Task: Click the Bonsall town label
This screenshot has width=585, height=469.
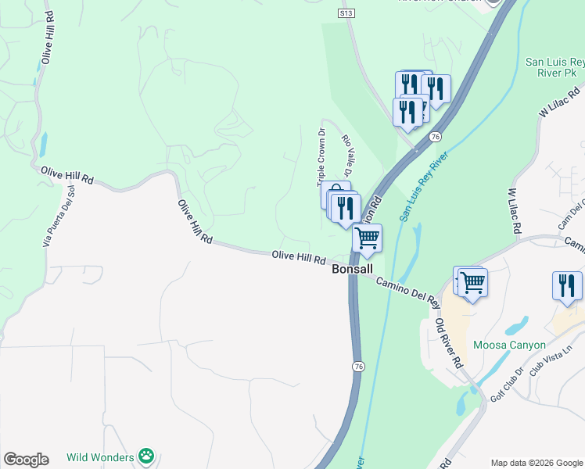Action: pos(355,268)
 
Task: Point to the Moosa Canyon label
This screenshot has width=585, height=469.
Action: pos(509,345)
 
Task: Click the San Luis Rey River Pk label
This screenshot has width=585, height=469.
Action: pos(554,67)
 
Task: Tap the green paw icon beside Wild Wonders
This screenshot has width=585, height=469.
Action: pos(145,456)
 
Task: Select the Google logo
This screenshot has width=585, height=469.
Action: pos(26,460)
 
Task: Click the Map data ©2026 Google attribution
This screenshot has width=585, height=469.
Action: pos(536,463)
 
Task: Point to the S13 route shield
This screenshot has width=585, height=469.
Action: pos(346,13)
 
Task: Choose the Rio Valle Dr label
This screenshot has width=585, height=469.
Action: pos(349,155)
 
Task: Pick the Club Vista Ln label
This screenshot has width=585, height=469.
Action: pos(551,361)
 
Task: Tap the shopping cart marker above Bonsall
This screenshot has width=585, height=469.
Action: pos(367,238)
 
